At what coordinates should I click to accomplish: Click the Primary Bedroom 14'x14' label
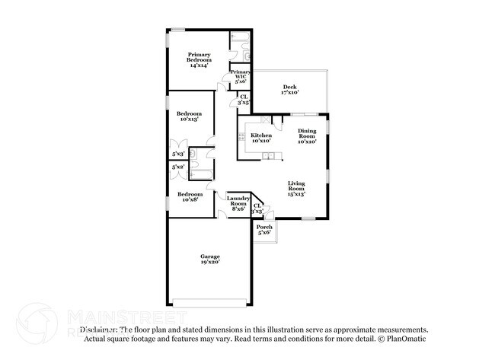pyautogui.click(x=200, y=60)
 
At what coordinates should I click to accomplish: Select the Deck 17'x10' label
pyautogui.click(x=290, y=90)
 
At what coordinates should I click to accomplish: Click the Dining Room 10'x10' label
pyautogui.click(x=307, y=136)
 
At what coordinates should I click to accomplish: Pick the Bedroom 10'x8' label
pyautogui.click(x=190, y=197)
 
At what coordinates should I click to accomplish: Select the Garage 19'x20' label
pyautogui.click(x=210, y=259)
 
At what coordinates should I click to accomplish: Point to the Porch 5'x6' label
pyautogui.click(x=264, y=230)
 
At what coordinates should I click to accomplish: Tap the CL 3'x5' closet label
pyautogui.click(x=244, y=98)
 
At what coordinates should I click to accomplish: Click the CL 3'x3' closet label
pyautogui.click(x=257, y=208)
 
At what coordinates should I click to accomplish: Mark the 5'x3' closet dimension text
pyautogui.click(x=178, y=153)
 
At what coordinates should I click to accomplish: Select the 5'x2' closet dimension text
pyautogui.click(x=178, y=167)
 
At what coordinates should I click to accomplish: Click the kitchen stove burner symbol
pyautogui.click(x=241, y=138)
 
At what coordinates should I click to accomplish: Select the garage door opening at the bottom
pyautogui.click(x=210, y=299)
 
